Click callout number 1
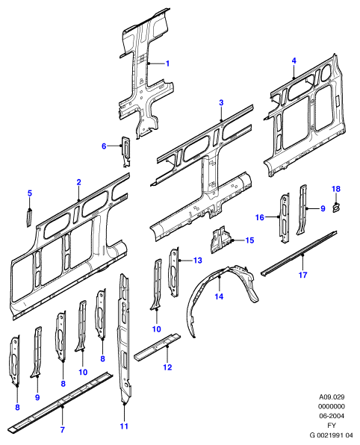point(167,63)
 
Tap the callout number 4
point(294,60)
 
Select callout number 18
point(336,189)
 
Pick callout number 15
point(249,240)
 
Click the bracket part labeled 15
point(221,240)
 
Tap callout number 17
point(303,275)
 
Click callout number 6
point(104,146)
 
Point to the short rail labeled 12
point(157,347)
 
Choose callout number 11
point(124,426)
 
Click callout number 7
point(63,429)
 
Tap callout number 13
point(198,261)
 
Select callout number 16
point(260,217)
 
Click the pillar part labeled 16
point(285,218)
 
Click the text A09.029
point(332,396)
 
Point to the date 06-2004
point(332,416)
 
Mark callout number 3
point(221,103)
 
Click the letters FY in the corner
point(332,426)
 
